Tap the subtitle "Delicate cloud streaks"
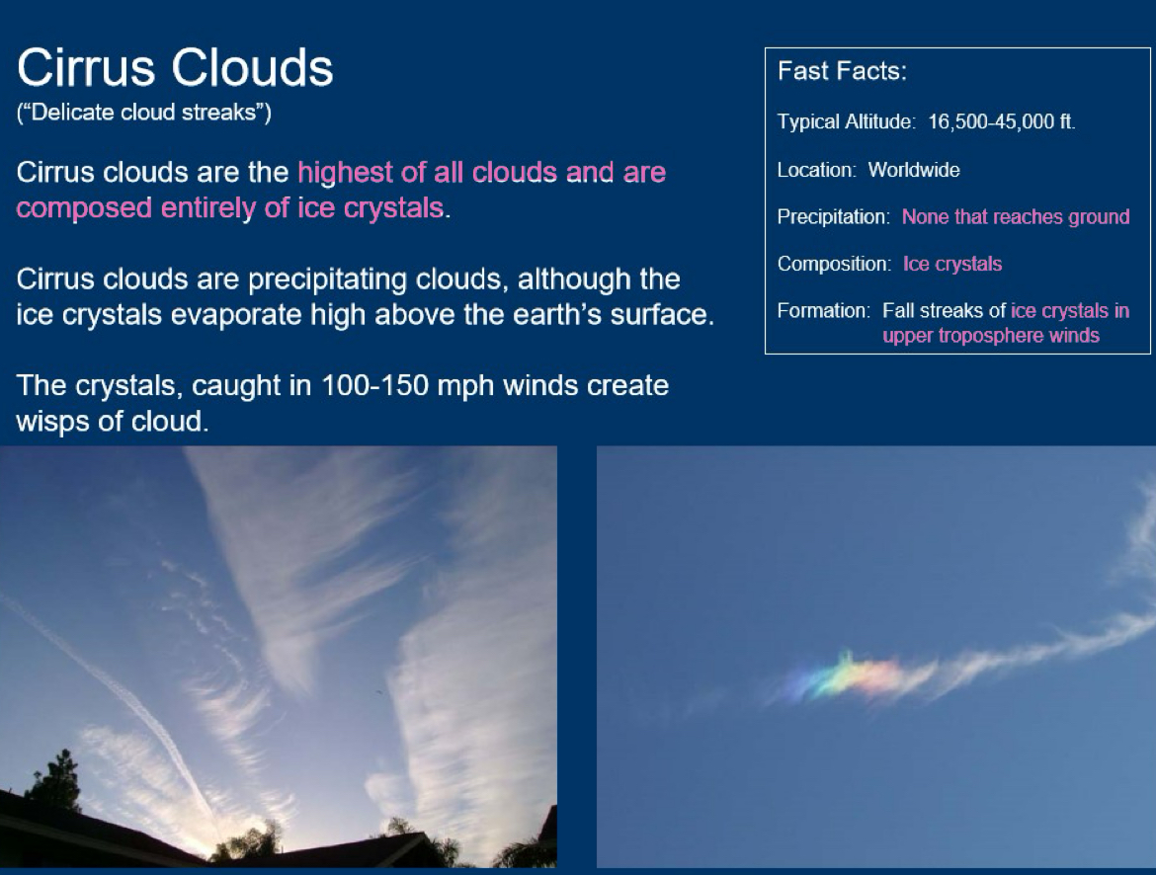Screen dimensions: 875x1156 pyautogui.click(x=144, y=113)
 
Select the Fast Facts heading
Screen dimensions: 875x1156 pyautogui.click(x=842, y=71)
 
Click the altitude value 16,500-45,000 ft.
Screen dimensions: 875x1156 pyautogui.click(x=1001, y=122)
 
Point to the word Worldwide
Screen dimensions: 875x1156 pyautogui.click(x=914, y=170)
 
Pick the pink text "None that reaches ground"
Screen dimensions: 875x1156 pyautogui.click(x=1015, y=217)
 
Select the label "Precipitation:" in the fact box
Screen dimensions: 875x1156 pyautogui.click(x=834, y=217)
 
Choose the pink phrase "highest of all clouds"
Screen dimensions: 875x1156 pyautogui.click(x=427, y=173)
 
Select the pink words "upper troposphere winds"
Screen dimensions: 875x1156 pyautogui.click(x=990, y=336)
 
